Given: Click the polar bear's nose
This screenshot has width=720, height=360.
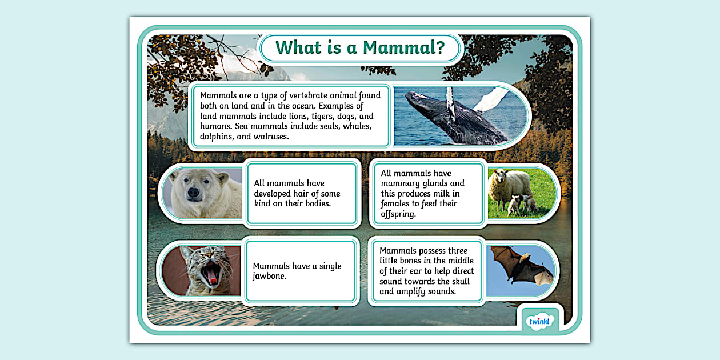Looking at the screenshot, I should (194, 193).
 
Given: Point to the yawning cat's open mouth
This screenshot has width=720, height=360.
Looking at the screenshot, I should (212, 275).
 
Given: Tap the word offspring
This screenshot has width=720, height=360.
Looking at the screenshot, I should (399, 214).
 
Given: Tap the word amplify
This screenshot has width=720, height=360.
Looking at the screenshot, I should (415, 291).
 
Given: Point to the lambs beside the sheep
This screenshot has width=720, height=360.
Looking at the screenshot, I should (521, 204).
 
